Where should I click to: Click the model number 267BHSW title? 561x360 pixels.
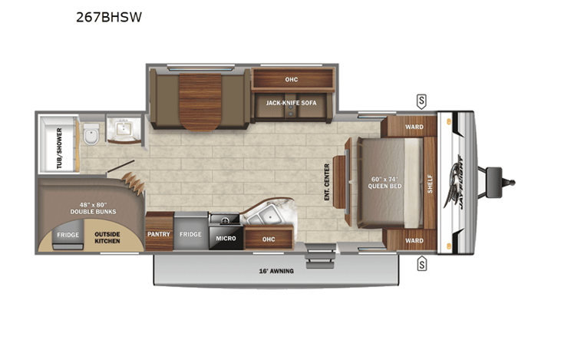109,17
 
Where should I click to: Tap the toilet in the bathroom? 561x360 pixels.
91,134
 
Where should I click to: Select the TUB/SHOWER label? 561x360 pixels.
59,148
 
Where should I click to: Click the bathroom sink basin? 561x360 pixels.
124,128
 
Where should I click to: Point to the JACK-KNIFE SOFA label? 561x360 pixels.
291,103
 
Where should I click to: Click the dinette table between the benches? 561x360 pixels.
200,102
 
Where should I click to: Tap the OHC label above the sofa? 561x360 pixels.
291,79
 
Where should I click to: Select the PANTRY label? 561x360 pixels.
159,234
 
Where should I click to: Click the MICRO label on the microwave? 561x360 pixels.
226,238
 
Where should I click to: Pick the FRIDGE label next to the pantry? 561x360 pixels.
190,234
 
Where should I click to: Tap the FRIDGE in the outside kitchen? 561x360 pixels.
68,235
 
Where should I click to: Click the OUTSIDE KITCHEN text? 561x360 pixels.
107,238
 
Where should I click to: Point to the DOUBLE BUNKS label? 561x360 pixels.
93,212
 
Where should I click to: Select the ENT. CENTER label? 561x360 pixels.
327,182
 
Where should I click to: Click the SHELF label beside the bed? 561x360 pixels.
430,184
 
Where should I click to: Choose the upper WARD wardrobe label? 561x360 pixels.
414,127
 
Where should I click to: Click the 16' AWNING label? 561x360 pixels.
276,271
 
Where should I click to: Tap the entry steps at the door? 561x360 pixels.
320,256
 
